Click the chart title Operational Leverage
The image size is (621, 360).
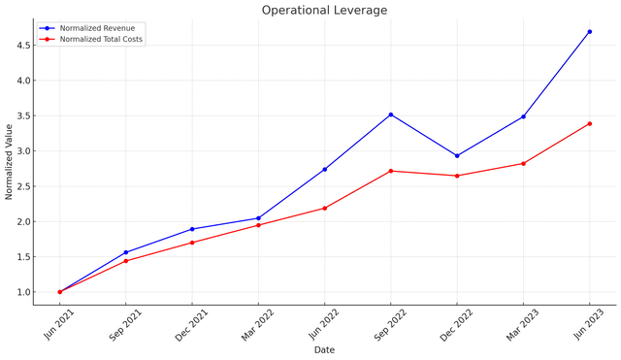324,10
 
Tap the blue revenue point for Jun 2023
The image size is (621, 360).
589,31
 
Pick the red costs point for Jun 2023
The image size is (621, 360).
589,123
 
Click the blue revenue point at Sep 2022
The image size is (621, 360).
391,115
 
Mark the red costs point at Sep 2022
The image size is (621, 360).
391,171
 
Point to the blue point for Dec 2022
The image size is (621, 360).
457,155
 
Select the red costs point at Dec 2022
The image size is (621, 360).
457,176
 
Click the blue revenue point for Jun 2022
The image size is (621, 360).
324,169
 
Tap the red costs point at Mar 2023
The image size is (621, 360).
523,163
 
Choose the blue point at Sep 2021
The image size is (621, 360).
126,252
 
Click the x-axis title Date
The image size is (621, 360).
324,350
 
